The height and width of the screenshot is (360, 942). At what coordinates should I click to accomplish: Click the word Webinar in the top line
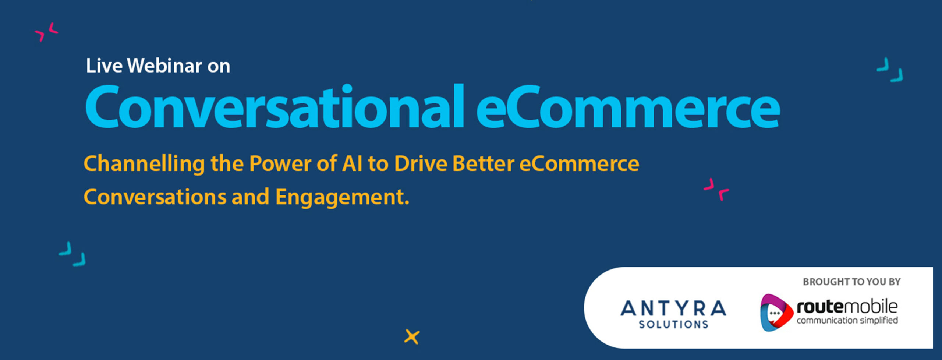point(165,66)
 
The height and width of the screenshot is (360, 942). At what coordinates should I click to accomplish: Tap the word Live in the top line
point(104,66)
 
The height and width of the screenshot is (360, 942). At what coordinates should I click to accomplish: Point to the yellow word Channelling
point(144,164)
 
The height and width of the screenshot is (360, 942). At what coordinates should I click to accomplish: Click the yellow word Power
point(280,163)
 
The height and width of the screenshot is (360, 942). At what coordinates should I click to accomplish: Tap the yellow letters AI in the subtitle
point(352,163)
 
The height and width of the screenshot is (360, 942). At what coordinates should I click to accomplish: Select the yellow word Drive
point(421,163)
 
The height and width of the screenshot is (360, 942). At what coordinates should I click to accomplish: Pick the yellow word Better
point(483,163)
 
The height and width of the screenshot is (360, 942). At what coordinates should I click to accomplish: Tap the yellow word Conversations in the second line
point(155,197)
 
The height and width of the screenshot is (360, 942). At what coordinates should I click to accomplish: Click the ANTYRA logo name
point(673,308)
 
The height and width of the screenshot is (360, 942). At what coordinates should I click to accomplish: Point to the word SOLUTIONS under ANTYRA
point(673,324)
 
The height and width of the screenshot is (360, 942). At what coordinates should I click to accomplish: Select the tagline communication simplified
point(847,320)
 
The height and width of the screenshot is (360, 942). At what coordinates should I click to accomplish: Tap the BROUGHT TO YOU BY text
point(851,282)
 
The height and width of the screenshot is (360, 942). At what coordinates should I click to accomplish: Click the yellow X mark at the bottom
point(412,337)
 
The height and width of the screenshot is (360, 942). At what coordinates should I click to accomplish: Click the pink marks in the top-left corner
point(46,32)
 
